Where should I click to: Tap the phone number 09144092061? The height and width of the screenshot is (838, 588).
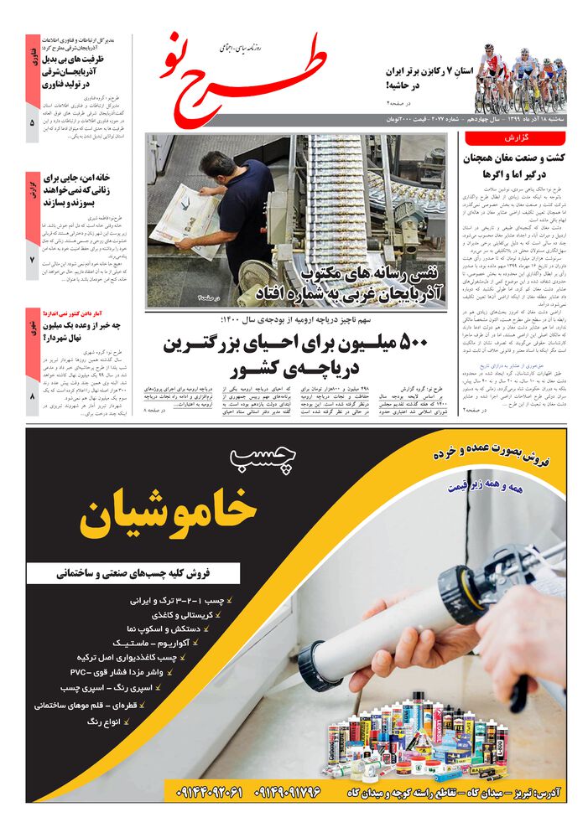tap(210, 790)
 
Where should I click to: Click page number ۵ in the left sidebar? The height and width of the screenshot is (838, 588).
tap(32, 122)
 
